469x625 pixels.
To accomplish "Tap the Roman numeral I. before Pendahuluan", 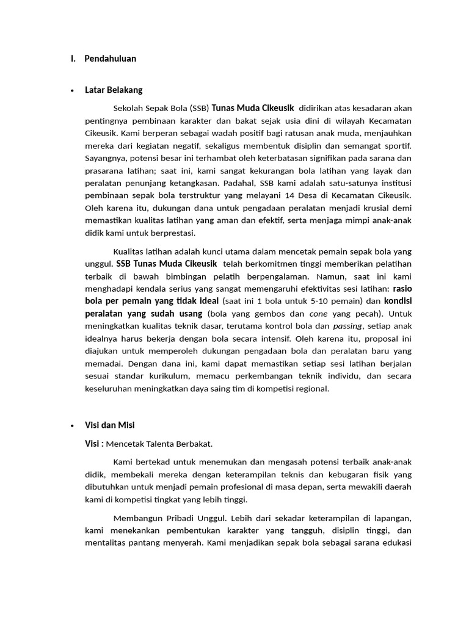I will point(73,59).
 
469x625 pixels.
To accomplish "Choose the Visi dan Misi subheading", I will point(110,425).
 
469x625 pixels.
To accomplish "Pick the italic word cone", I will point(318,313).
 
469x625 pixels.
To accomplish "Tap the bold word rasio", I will point(402,288).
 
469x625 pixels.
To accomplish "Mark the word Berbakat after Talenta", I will point(192,444).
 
